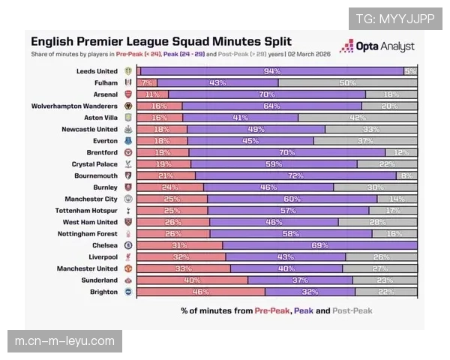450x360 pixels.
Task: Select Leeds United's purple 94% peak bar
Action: tap(271, 70)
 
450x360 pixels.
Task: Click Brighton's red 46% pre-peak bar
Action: tap(201, 292)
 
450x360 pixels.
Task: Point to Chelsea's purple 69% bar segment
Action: tap(319, 245)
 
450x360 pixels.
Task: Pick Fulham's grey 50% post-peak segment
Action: tap(347, 82)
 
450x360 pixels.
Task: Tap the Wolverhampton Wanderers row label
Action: tap(74, 106)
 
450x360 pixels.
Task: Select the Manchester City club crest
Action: tap(128, 199)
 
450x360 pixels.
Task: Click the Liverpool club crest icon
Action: tap(128, 256)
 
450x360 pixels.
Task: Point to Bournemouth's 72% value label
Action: tap(295, 175)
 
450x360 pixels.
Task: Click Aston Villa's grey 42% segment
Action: tap(358, 118)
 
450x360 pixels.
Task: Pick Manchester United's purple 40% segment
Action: tap(286, 268)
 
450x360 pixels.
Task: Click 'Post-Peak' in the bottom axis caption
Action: tap(353, 310)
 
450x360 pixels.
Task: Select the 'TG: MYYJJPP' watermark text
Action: tap(394, 19)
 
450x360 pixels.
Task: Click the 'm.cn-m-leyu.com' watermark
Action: tap(65, 341)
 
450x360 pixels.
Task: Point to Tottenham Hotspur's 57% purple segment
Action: tap(289, 211)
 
